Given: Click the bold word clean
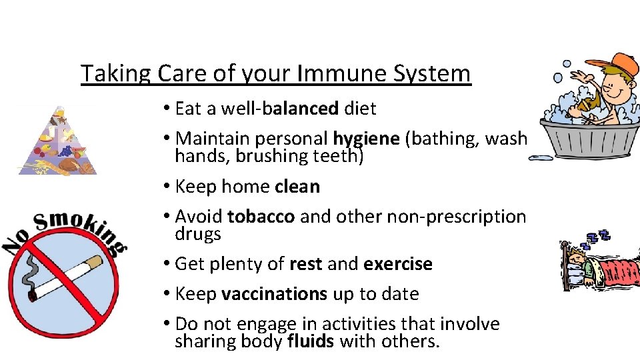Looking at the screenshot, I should click(297, 187).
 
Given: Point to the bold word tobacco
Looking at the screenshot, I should click(261, 217).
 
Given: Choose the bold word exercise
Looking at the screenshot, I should click(398, 264).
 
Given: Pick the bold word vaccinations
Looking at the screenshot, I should click(274, 294).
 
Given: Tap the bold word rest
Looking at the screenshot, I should click(306, 264).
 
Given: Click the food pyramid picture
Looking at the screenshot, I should click(57, 143).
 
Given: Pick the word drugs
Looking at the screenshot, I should click(198, 234).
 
